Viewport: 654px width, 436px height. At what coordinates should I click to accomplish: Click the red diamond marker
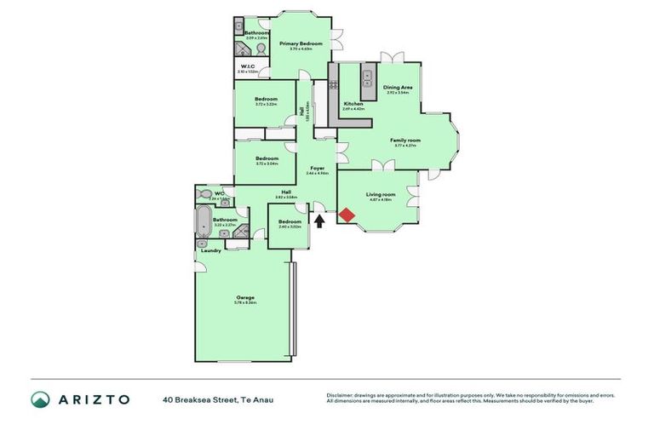click(347, 215)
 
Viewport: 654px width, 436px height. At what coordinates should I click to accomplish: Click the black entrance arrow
click(320, 221)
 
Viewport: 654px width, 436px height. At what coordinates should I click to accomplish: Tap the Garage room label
click(245, 297)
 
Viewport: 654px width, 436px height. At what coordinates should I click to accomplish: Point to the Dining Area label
click(398, 87)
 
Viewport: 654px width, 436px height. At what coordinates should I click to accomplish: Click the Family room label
click(405, 140)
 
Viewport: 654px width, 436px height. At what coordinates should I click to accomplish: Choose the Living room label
click(381, 194)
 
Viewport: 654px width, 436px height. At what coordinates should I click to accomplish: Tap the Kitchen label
click(353, 104)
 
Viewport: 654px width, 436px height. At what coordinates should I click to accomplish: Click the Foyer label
click(317, 168)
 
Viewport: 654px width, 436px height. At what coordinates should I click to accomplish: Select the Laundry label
click(211, 250)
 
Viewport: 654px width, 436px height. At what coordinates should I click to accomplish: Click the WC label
click(219, 193)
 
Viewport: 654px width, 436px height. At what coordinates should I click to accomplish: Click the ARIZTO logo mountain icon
click(40, 399)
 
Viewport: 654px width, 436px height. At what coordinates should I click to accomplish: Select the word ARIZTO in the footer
click(95, 399)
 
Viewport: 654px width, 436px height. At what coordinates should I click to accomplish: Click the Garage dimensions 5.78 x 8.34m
click(245, 303)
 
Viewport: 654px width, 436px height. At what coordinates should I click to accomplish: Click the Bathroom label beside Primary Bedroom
click(256, 33)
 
